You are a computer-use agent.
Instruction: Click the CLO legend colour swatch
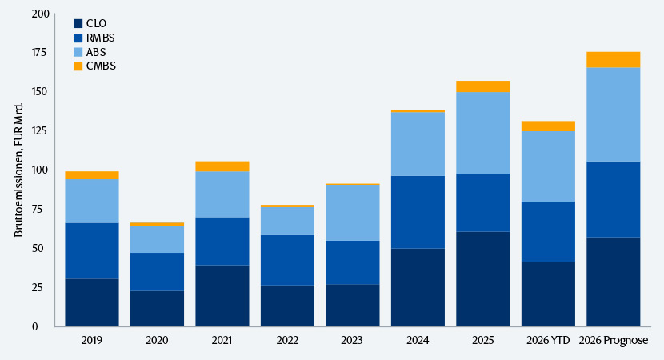pos(78,23)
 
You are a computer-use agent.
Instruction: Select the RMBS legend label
pos(100,38)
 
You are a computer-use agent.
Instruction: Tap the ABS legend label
pos(96,52)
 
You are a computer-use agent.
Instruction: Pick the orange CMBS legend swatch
pos(78,66)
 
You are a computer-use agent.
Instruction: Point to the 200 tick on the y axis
pos(41,14)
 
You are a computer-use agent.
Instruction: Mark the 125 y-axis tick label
pos(41,131)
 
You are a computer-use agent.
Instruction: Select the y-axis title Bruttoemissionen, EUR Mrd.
pos(18,170)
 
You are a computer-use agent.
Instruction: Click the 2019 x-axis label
pos(92,340)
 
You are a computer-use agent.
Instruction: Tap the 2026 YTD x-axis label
pos(548,340)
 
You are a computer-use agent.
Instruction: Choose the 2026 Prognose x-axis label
pos(614,340)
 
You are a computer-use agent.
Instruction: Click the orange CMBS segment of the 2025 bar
pos(483,86)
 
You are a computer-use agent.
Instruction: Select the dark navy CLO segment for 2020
pos(157,309)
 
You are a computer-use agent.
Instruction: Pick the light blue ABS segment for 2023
pos(353,213)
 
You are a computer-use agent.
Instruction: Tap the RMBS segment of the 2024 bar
pos(418,212)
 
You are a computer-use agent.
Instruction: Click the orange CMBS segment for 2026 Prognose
pos(614,60)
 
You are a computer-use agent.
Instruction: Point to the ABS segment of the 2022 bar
pos(287,221)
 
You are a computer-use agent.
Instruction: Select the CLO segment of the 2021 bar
pos(222,296)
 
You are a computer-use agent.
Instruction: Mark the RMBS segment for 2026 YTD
pos(548,232)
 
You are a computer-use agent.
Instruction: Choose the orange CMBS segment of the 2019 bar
pos(92,175)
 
